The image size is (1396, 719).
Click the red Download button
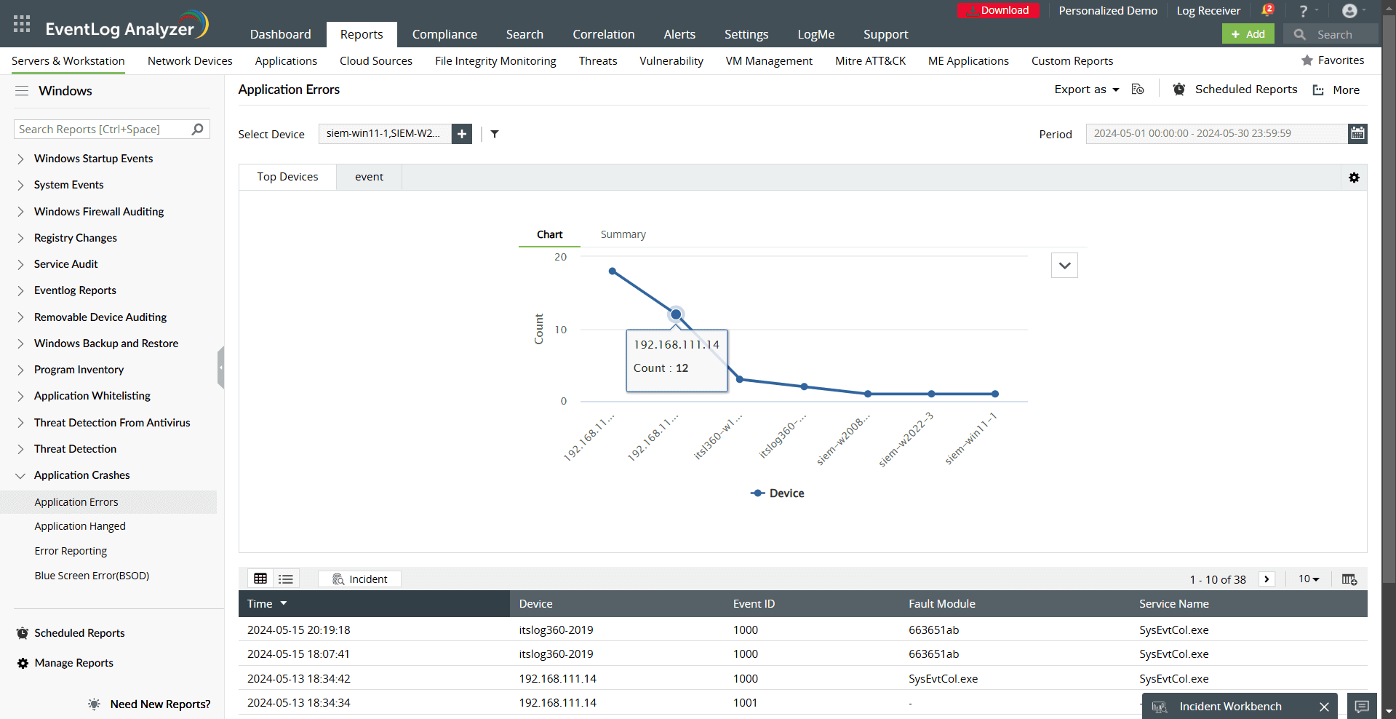pos(998,10)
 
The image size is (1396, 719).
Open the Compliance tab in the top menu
pos(444,34)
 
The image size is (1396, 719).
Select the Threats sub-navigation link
pos(597,61)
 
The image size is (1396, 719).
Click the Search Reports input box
pos(103,130)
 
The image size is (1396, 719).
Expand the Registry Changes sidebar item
pos(75,238)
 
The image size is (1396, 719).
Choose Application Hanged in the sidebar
pos(80,526)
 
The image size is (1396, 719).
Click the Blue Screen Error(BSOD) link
pos(92,576)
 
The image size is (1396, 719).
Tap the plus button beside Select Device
pos(462,134)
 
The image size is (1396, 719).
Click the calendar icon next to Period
pos(1357,133)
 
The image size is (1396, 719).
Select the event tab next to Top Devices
pos(369,177)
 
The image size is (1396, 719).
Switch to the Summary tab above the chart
pos(623,234)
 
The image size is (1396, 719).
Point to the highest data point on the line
pos(613,271)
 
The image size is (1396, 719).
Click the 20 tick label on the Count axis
pos(560,257)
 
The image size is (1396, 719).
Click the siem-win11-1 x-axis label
pos(970,438)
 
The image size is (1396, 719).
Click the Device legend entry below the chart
pos(778,493)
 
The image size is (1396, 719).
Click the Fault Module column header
pos(941,604)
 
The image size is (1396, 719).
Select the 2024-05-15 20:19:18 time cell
pos(299,630)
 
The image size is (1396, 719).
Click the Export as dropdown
pos(1087,90)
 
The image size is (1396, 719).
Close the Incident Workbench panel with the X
pos(1324,707)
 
